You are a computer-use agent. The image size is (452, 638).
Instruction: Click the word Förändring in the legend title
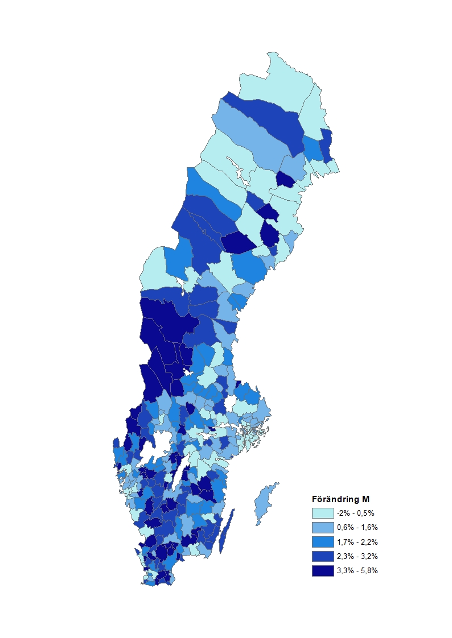(x=336, y=499)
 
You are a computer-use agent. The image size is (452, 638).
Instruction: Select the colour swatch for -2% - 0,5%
(x=322, y=512)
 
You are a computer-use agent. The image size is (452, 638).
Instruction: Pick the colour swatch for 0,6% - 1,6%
(x=322, y=527)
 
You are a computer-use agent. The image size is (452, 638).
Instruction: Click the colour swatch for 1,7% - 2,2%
(x=322, y=541)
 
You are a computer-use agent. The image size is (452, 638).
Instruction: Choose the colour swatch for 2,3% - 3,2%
(x=322, y=556)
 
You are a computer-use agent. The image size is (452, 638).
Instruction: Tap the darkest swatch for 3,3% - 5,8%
(x=322, y=570)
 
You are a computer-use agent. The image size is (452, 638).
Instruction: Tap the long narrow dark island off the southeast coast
(x=227, y=532)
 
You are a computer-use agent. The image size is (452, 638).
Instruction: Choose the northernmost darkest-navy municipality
(x=285, y=179)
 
